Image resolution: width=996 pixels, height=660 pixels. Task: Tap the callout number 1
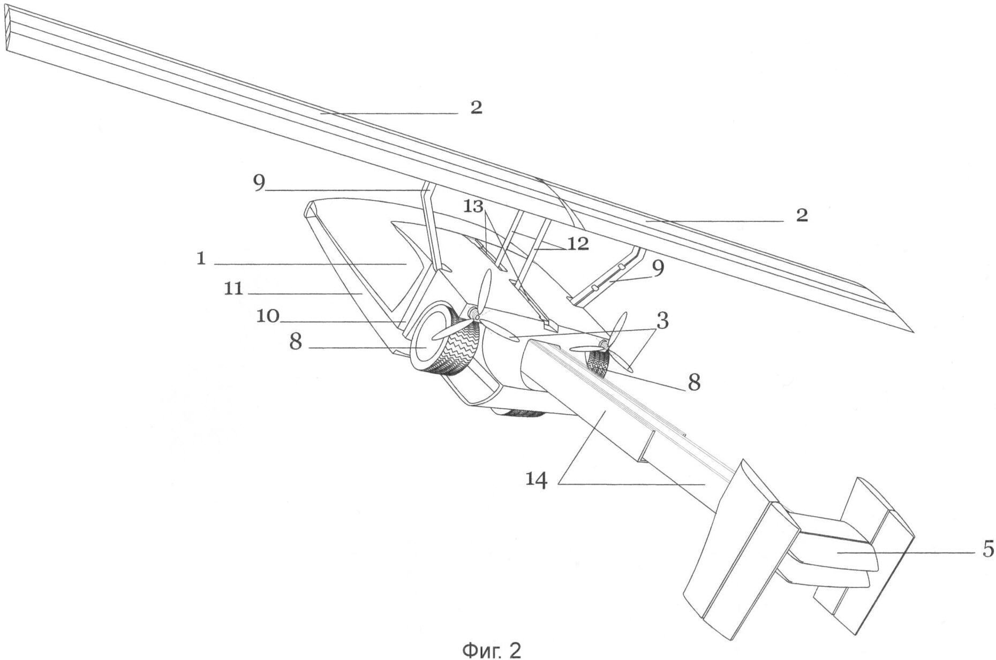pyautogui.click(x=201, y=259)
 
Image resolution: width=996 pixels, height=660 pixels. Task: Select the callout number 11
pyautogui.click(x=233, y=290)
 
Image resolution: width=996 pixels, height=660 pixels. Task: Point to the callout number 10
pyautogui.click(x=268, y=316)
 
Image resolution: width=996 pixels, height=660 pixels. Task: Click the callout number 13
pyautogui.click(x=473, y=206)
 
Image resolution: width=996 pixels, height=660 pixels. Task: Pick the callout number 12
pyautogui.click(x=578, y=244)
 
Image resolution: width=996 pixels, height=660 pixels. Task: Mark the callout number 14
pyautogui.click(x=537, y=480)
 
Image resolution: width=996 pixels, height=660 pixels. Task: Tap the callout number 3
pyautogui.click(x=662, y=322)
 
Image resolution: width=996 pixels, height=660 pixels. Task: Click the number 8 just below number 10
pyautogui.click(x=296, y=342)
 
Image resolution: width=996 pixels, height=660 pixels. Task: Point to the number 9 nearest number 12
pyautogui.click(x=658, y=268)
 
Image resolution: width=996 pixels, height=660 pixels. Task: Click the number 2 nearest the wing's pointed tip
pyautogui.click(x=802, y=215)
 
